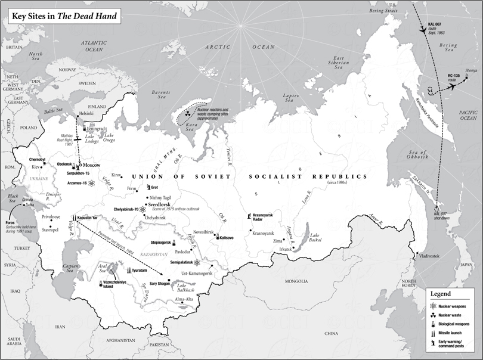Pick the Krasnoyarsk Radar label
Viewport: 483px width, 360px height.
265,217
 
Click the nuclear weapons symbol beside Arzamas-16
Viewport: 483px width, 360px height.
91,183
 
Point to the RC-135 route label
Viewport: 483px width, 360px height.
457,78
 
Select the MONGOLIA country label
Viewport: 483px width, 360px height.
297,281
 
